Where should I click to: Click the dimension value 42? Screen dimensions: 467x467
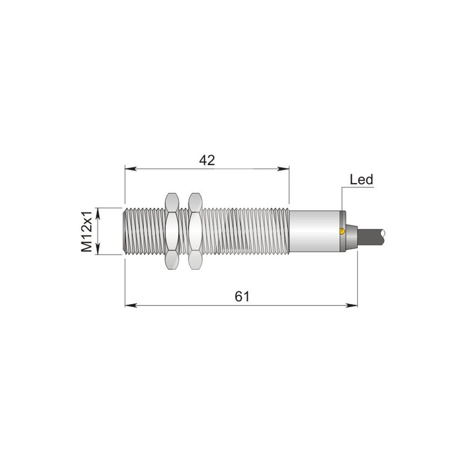coord(207,161)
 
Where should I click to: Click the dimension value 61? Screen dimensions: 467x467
coord(242,297)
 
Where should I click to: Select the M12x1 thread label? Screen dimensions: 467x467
coord(86,231)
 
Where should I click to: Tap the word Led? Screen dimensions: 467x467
coord(361,180)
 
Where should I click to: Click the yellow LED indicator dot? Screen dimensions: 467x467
coord(342,231)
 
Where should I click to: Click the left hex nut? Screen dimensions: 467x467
coord(172,231)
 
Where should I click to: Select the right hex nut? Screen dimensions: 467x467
coord(195,231)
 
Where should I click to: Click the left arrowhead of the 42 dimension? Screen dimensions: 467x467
coord(131,169)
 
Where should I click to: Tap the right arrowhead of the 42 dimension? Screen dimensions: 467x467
coord(283,169)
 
